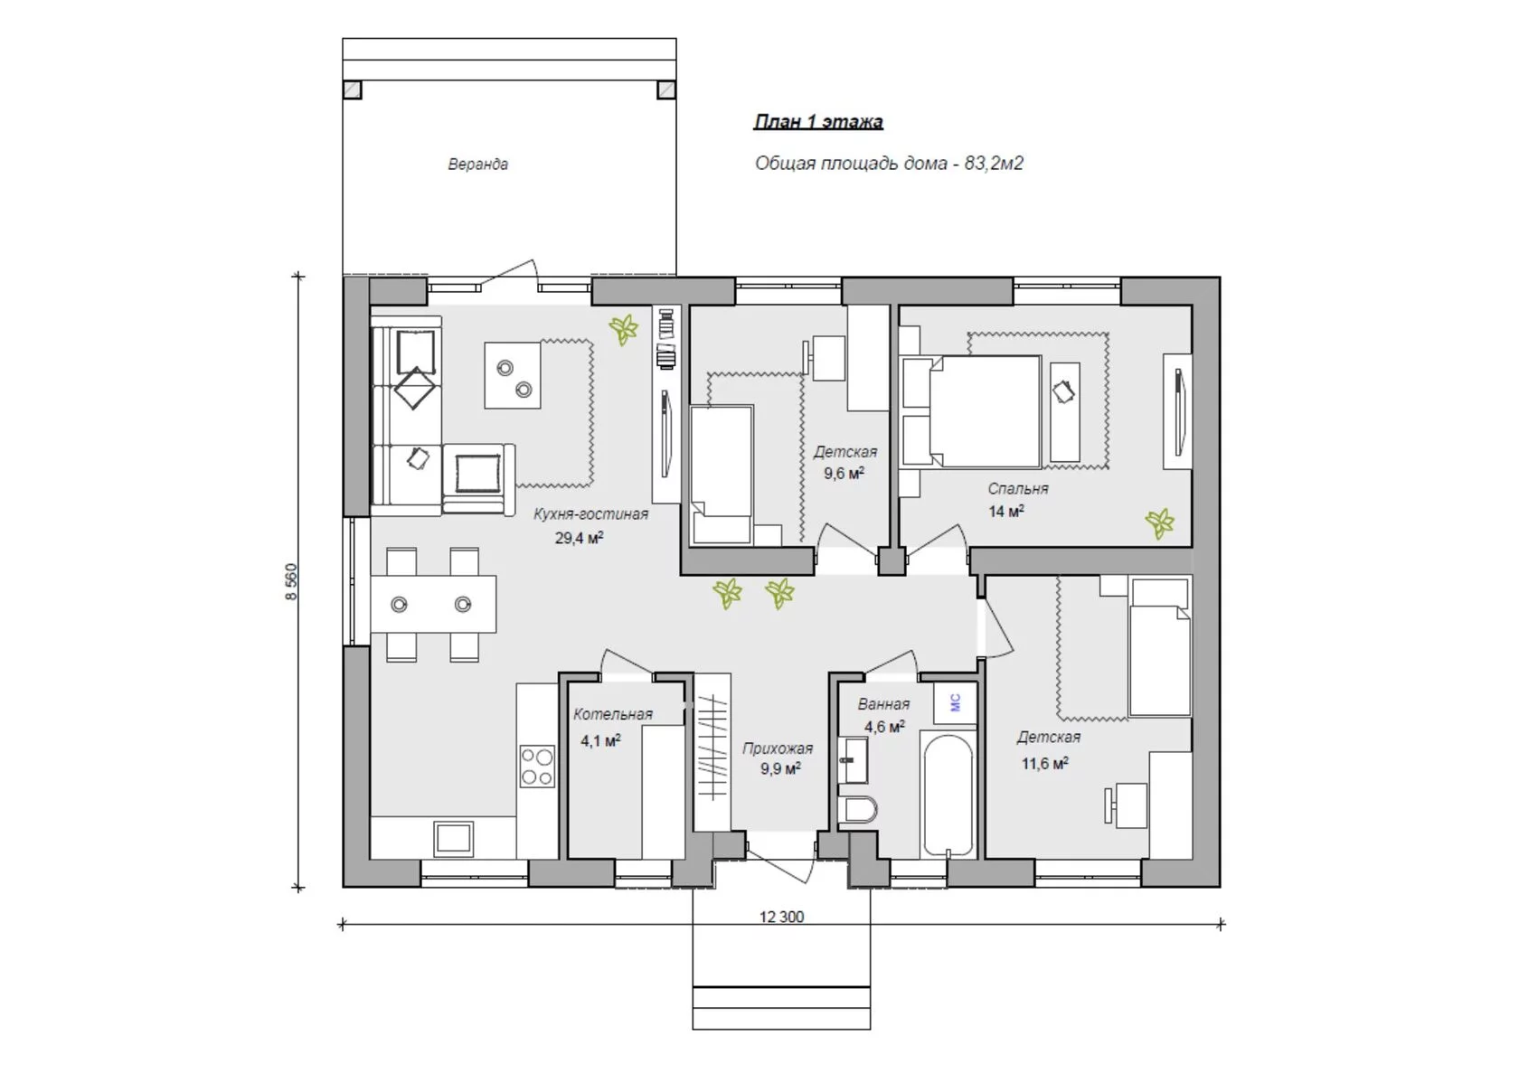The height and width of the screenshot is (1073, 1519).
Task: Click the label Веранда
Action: click(x=478, y=164)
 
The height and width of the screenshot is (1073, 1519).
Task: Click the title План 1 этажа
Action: click(x=818, y=122)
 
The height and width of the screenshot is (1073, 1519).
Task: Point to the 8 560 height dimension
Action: click(x=291, y=581)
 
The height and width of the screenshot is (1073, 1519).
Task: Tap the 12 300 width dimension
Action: click(x=781, y=917)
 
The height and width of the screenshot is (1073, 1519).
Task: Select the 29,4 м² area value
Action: click(x=579, y=538)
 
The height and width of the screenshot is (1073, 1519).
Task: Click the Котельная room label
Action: click(x=613, y=714)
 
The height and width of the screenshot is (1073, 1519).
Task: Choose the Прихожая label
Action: click(x=778, y=748)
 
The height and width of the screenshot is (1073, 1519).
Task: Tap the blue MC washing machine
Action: click(x=955, y=703)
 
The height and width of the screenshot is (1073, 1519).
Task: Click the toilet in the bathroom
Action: click(x=857, y=809)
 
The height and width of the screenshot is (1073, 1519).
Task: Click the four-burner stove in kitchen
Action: click(x=537, y=767)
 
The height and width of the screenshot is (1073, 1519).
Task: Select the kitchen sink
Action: click(x=454, y=839)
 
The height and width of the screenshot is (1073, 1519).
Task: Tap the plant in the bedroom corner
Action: click(x=1159, y=523)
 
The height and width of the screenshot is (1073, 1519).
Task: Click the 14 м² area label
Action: click(x=1005, y=511)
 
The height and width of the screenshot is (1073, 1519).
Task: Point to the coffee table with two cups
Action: click(x=513, y=375)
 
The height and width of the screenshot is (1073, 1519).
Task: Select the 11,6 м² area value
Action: click(x=1045, y=764)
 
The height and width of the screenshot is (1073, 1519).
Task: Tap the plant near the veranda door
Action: click(x=623, y=329)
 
